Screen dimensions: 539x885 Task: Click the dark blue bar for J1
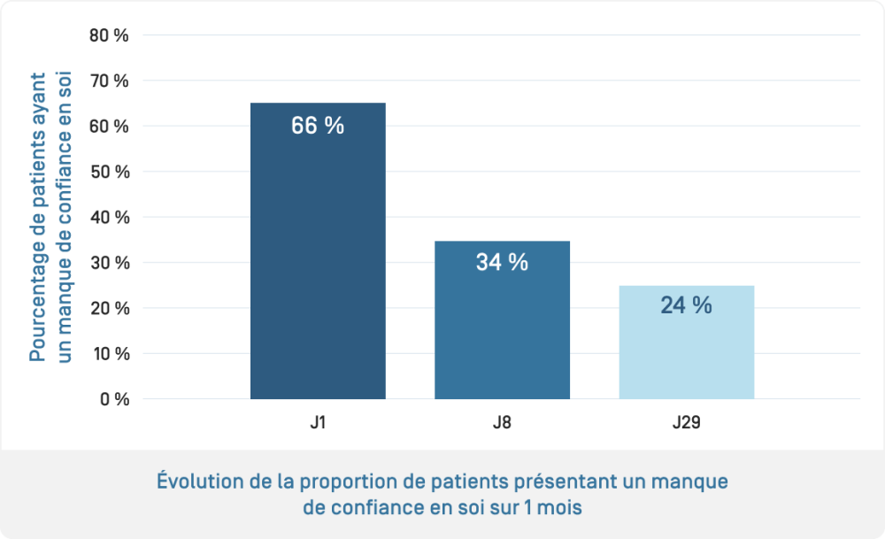pos(318,266)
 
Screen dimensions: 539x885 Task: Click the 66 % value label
pos(318,126)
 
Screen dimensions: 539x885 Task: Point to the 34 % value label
pos(502,262)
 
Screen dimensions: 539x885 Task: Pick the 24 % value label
pos(686,305)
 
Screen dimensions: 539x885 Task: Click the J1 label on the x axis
pos(318,423)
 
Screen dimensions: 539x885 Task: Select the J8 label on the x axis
pos(502,423)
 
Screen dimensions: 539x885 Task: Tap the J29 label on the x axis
pos(686,423)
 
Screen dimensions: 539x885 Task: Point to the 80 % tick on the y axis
pos(110,35)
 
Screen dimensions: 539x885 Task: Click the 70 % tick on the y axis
pos(110,81)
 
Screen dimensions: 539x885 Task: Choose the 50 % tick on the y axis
pos(110,172)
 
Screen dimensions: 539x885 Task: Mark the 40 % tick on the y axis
pos(110,217)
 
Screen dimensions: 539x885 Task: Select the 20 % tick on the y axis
pos(110,308)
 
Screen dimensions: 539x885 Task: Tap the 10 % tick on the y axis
pos(110,353)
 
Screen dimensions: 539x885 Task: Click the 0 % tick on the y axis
pos(114,399)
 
